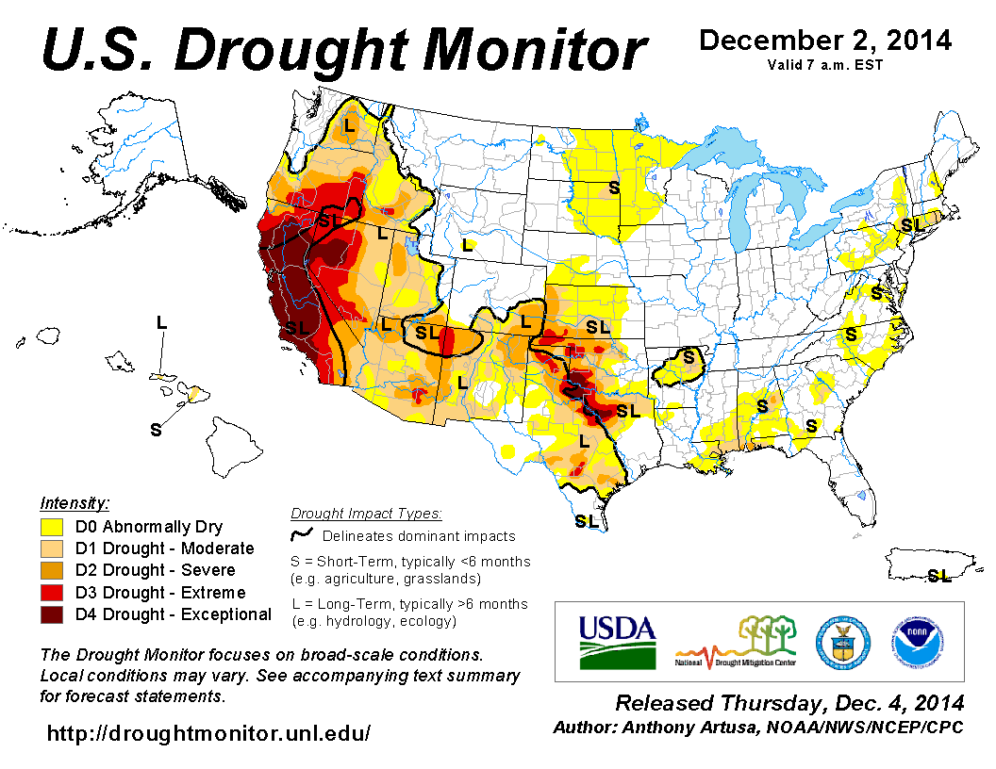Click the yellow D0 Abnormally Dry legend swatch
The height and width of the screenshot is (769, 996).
(52, 527)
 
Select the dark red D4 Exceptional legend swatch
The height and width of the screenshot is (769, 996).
(52, 614)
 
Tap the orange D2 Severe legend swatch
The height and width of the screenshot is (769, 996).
(52, 570)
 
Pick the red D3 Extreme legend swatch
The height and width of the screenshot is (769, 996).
(52, 593)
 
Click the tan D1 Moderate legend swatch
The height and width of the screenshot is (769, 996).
(52, 548)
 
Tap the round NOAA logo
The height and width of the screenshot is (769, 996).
(915, 641)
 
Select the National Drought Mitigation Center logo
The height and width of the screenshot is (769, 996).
(736, 641)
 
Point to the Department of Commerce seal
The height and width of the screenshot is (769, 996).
(842, 641)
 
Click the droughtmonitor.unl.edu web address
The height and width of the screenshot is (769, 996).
(208, 732)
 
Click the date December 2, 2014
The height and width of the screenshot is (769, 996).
(824, 41)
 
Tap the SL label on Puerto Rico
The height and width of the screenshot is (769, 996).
(938, 575)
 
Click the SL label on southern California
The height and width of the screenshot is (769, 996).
(298, 327)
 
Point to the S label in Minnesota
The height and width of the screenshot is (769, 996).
(614, 187)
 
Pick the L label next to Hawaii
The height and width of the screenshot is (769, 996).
(161, 322)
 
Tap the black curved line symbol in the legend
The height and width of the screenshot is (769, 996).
(301, 535)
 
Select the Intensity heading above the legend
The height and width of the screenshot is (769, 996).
(75, 502)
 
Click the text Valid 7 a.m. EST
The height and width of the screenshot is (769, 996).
(825, 65)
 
